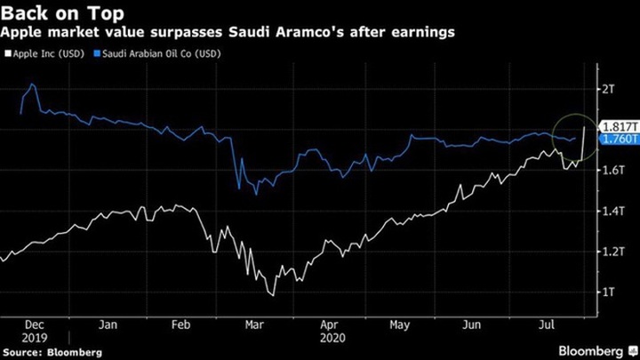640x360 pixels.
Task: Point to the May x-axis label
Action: tap(398, 324)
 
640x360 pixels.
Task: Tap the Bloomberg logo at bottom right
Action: tap(596, 349)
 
